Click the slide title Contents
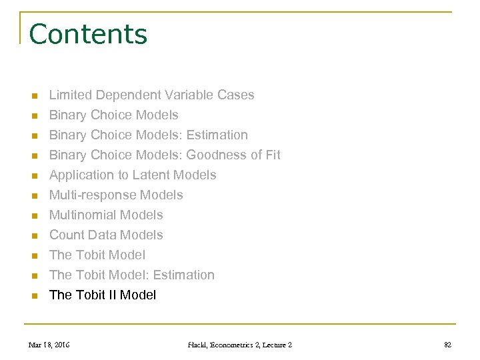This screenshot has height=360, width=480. point(88,34)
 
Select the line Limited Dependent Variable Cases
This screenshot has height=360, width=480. point(151,95)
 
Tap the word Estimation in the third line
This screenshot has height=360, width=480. point(217,135)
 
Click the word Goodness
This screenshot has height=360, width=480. point(217,155)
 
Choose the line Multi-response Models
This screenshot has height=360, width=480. point(116,195)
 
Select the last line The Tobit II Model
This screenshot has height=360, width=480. point(103,295)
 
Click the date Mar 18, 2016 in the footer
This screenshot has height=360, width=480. point(49,345)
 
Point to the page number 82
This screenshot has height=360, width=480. point(447,345)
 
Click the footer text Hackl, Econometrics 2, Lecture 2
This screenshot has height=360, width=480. point(240,345)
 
